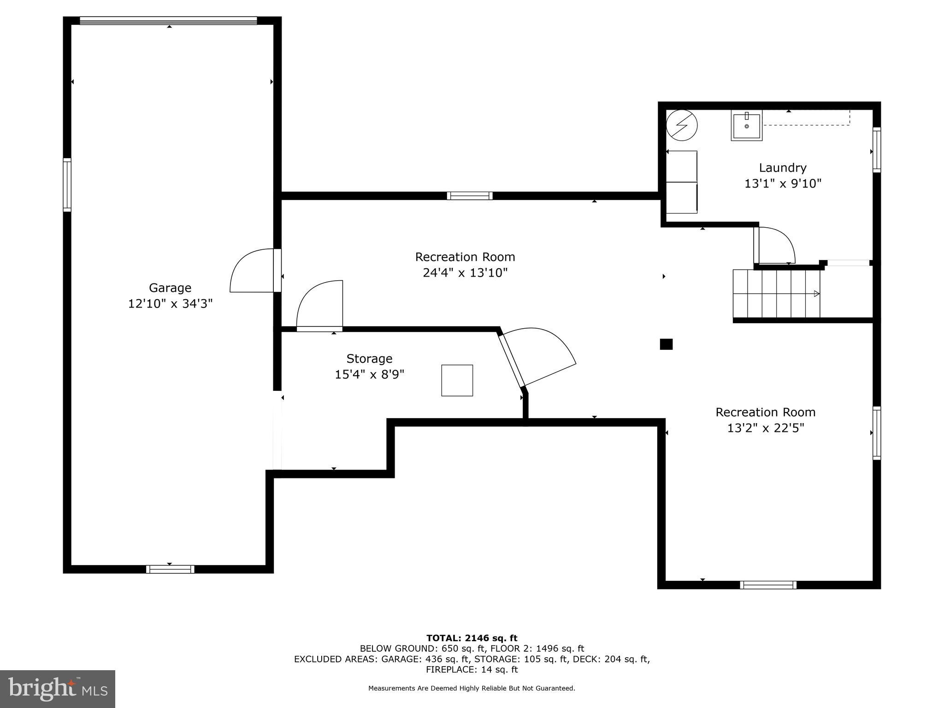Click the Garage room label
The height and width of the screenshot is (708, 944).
[x=170, y=288]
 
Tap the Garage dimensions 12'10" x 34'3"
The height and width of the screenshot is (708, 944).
[x=170, y=304]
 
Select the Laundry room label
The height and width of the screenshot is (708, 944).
[x=783, y=168]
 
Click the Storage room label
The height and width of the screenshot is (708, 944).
[x=369, y=359]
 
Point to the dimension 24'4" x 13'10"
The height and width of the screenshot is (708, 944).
[x=465, y=273]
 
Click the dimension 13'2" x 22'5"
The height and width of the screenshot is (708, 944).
[x=765, y=428]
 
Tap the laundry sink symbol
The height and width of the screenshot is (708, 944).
[x=746, y=125]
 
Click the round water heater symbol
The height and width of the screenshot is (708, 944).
[x=682, y=125]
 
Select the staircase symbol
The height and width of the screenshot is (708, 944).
[x=777, y=294]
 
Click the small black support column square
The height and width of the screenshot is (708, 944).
[x=666, y=344]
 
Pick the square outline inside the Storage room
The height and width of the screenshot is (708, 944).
[x=457, y=380]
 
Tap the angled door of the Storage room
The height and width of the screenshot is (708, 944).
[x=537, y=357]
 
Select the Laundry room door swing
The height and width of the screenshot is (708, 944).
[x=774, y=247]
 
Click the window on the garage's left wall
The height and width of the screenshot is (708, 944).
[x=67, y=185]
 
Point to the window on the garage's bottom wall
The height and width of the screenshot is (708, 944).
[x=170, y=569]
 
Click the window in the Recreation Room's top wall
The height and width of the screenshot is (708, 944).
[x=469, y=196]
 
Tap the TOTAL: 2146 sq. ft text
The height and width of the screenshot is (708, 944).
[x=472, y=638]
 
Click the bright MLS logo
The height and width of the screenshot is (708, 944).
[x=58, y=689]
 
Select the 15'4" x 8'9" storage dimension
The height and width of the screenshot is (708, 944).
[x=369, y=374]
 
